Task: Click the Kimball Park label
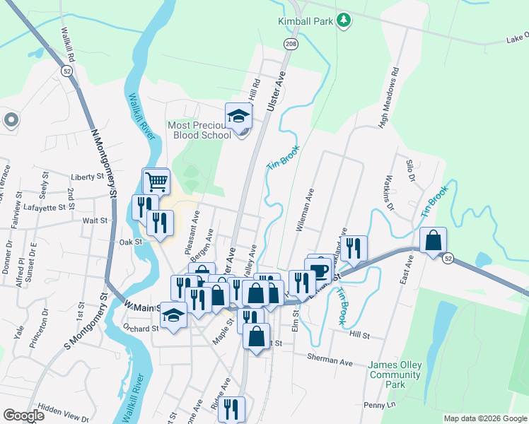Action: [305, 21]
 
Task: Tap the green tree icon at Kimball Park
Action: [343, 20]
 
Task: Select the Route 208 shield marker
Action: [291, 44]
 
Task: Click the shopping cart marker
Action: [156, 182]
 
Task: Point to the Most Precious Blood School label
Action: [199, 130]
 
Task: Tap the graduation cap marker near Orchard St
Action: [173, 316]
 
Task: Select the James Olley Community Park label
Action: [395, 375]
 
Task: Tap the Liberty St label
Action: [88, 177]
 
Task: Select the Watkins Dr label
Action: [388, 188]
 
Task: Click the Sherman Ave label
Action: [330, 360]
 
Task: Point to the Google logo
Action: [24, 416]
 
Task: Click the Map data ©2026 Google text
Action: [485, 418]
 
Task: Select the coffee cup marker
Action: [319, 269]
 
